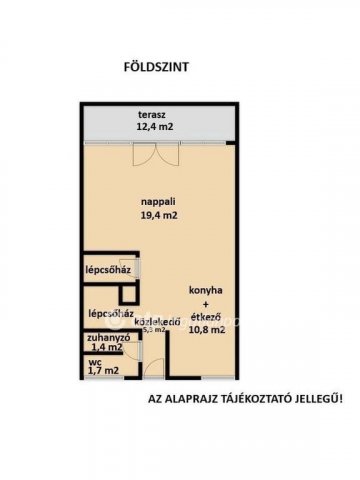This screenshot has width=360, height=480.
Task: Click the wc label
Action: pyautogui.click(x=94, y=362)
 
